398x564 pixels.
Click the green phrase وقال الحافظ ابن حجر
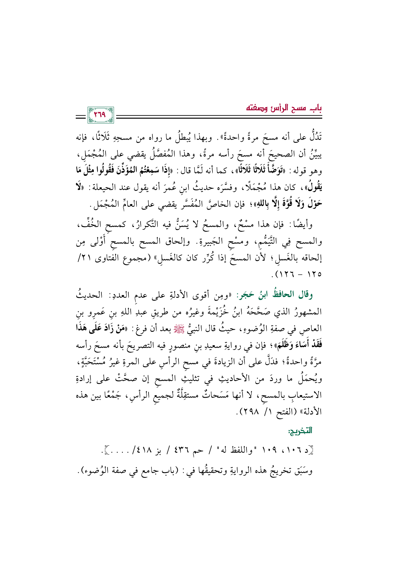click(x=274, y=295)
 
